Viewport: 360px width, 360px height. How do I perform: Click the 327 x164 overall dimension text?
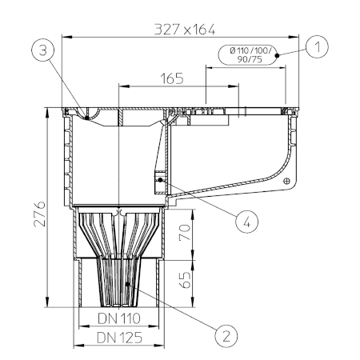coord(185,30)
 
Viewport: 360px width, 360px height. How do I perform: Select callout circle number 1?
coord(317,47)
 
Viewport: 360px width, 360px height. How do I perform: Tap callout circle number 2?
coord(226,336)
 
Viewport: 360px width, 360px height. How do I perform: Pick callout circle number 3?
coord(43,50)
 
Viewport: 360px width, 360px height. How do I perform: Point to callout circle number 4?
coord(246,222)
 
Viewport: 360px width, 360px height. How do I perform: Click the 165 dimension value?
coord(172,78)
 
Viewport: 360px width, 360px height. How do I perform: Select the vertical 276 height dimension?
coord(40,214)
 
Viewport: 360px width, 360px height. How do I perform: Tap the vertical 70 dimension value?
coord(185,233)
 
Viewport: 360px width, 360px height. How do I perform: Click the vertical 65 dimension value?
coord(185,280)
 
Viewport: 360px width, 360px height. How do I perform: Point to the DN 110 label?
coord(119,318)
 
